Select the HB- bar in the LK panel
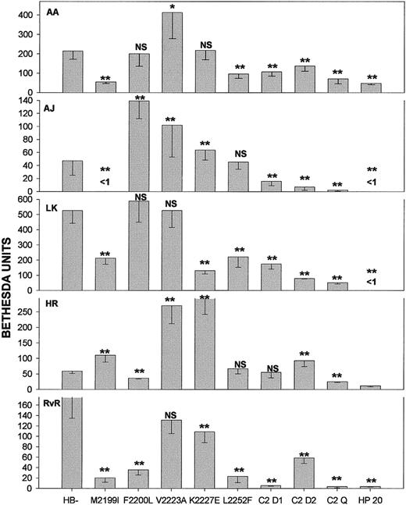click(x=73, y=250)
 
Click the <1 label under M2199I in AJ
click(x=105, y=183)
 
